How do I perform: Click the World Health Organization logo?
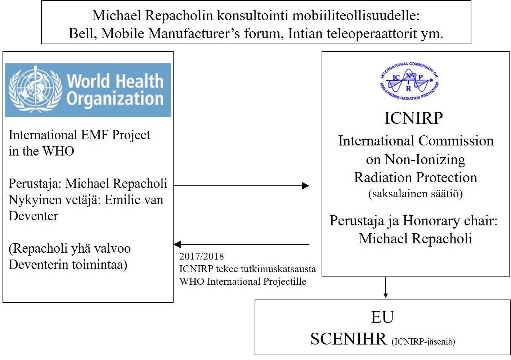[88, 90]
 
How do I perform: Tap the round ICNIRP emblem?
[409, 81]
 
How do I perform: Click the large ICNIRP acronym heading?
[413, 118]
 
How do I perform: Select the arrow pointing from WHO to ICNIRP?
[241, 186]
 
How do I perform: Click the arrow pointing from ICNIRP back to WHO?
[241, 244]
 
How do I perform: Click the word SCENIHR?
[348, 339]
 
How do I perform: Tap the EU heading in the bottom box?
[382, 317]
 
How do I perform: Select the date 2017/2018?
[201, 256]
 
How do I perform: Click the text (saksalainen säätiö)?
[415, 194]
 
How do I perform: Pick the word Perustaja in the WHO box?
[35, 184]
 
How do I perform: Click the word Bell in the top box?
[82, 33]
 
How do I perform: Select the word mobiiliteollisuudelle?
[356, 15]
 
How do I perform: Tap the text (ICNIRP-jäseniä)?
[423, 341]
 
